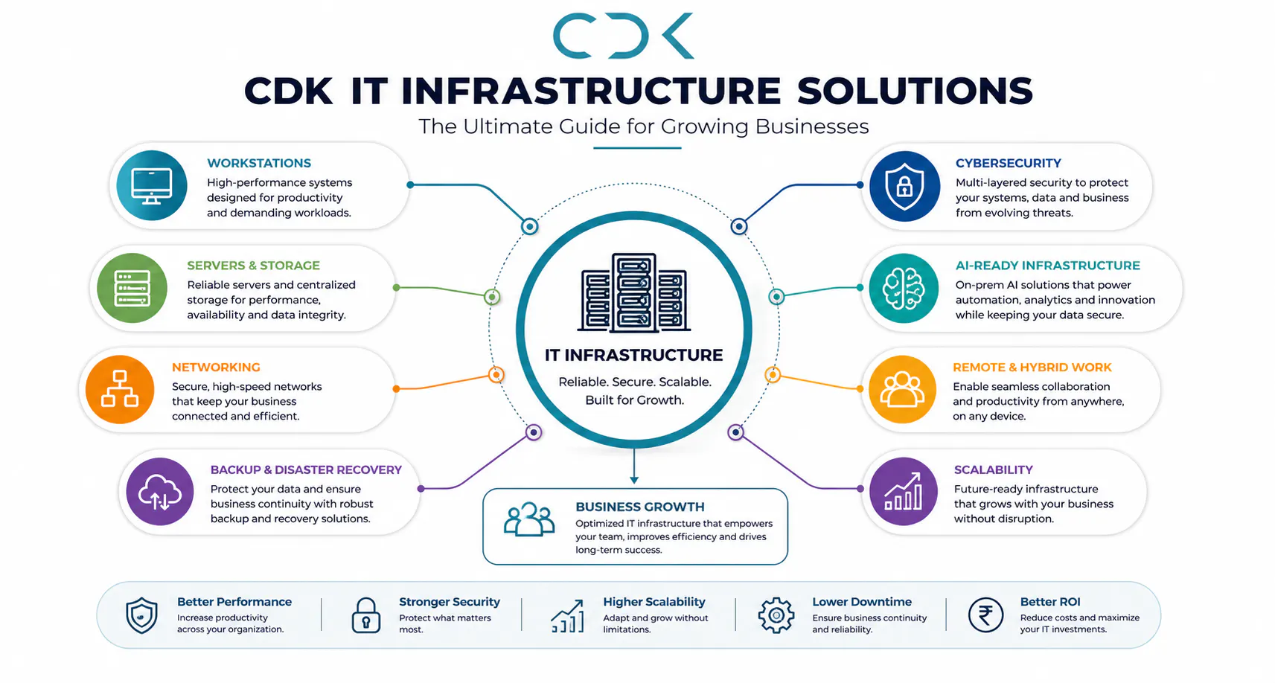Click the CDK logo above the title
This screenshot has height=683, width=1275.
(x=623, y=36)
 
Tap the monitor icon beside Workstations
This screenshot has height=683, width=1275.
(x=151, y=185)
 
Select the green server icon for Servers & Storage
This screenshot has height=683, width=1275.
(x=132, y=288)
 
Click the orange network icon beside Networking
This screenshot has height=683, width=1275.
(x=120, y=389)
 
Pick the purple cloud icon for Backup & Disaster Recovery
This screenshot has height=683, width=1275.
(x=160, y=492)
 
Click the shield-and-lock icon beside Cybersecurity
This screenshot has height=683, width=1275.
(x=904, y=186)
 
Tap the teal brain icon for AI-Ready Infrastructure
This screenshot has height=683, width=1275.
(x=904, y=288)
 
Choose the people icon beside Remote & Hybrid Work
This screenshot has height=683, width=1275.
(x=902, y=389)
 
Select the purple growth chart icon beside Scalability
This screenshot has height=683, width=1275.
(x=904, y=492)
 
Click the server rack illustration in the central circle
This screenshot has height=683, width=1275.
(x=634, y=292)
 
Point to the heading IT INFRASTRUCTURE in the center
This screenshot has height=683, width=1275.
(x=633, y=355)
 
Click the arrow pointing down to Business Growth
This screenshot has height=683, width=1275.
(x=634, y=466)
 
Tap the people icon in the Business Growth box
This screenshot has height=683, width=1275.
(x=529, y=519)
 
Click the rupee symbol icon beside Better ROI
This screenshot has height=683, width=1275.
(x=986, y=615)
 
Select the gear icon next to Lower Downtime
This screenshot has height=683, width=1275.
(x=776, y=615)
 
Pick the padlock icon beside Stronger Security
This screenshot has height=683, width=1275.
(x=366, y=615)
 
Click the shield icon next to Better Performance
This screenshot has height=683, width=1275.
(x=141, y=615)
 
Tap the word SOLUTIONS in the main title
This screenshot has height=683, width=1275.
(x=915, y=91)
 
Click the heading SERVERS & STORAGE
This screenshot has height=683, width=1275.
(x=253, y=265)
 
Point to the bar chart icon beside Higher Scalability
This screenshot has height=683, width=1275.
(x=568, y=616)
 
